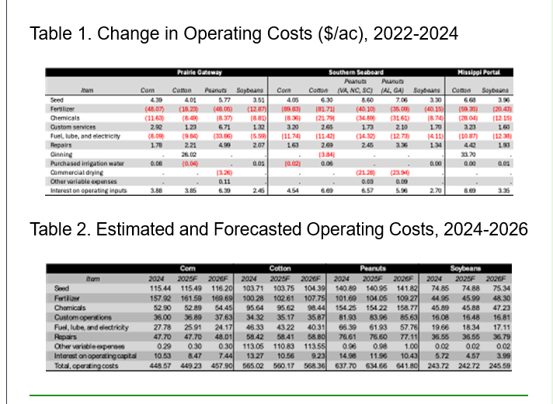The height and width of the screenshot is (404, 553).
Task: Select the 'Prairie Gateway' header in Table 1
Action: (197, 71)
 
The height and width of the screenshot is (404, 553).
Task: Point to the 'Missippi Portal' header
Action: (484, 71)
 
